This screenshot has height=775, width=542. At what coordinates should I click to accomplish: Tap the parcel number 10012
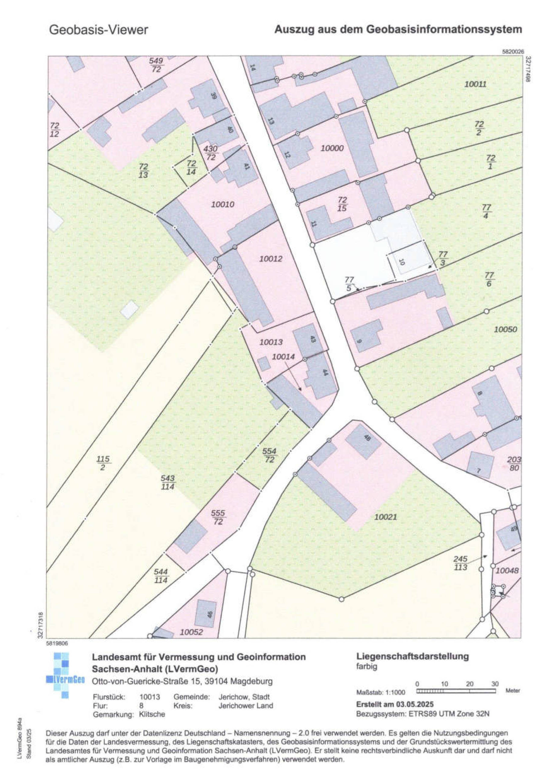coord(271,259)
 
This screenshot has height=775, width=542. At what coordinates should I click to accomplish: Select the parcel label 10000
coord(332,148)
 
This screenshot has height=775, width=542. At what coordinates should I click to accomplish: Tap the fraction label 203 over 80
coord(514,464)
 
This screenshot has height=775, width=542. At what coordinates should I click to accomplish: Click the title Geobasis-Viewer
coord(98,30)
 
